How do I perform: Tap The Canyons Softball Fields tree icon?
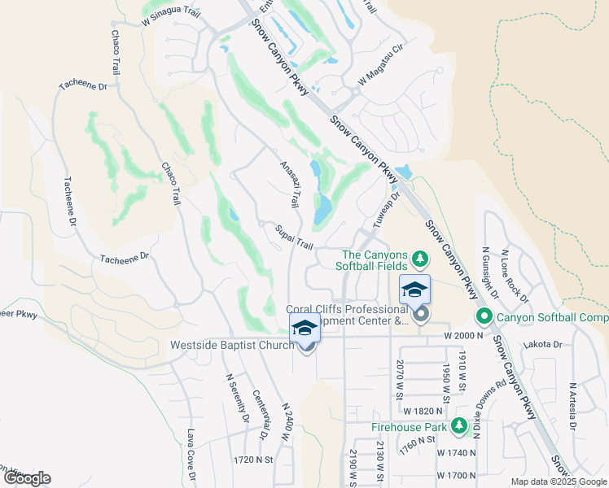point(420,259)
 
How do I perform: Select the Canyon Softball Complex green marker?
point(484,316)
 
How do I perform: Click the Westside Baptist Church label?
point(231,346)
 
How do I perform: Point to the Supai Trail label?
point(294,237)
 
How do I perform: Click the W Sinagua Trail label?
point(170,22)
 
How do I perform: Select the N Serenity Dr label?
point(236,399)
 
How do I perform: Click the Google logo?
point(27,478)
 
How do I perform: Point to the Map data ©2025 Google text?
point(557,481)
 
